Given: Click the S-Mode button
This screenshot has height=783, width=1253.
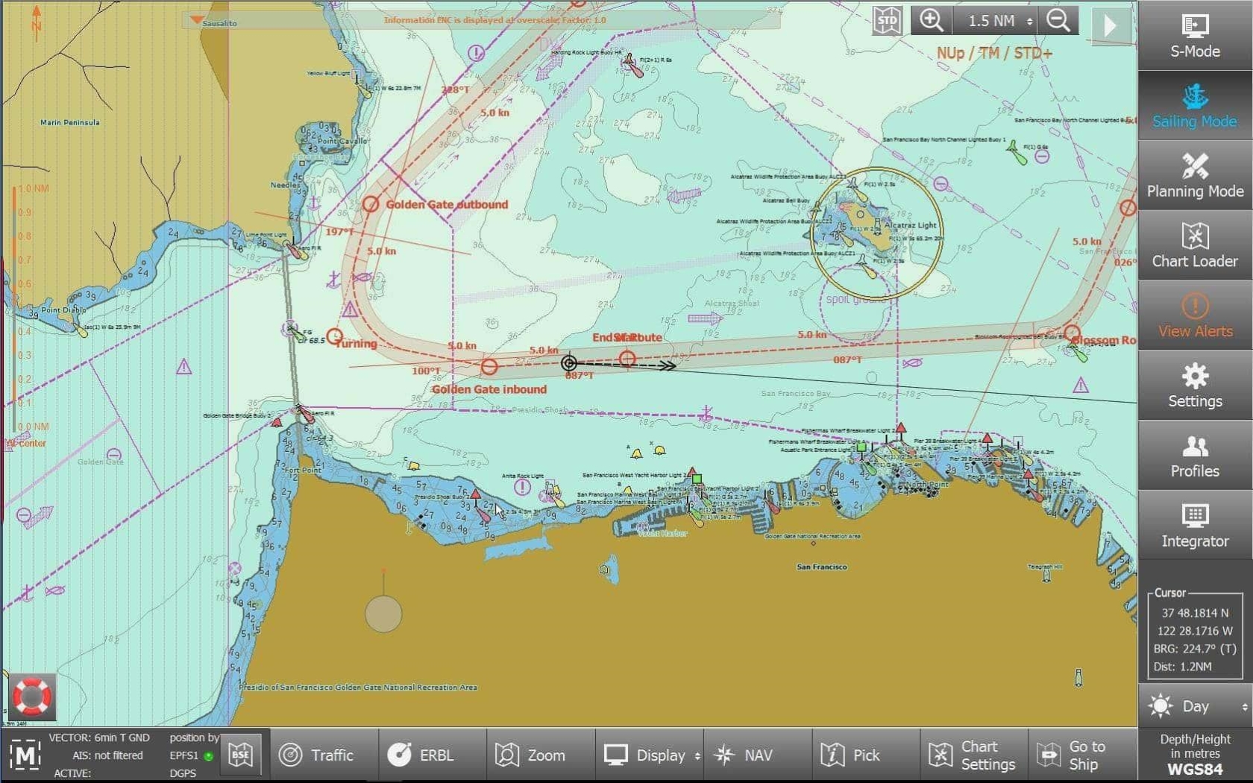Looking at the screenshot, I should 1194,36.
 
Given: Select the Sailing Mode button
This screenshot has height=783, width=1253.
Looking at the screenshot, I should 1194,106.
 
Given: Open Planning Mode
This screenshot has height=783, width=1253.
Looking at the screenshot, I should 1194,176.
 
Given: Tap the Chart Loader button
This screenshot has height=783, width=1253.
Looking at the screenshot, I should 1194,245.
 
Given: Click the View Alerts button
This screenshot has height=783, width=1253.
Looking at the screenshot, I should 1194,315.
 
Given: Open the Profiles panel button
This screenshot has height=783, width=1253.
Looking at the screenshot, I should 1194,456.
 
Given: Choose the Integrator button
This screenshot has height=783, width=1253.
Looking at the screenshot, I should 1194,526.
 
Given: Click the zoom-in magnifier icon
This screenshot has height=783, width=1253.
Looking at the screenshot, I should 931,20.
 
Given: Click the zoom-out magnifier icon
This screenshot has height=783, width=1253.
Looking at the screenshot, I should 1058,20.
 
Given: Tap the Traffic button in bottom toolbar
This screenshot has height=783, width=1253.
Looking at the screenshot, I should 317,755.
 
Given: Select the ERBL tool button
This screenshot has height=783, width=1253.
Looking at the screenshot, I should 421,755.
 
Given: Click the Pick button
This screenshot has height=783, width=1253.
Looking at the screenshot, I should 850,755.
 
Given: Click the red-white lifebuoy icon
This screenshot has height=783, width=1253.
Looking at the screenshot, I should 31,696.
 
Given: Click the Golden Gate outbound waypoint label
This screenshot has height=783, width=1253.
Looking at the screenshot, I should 447,204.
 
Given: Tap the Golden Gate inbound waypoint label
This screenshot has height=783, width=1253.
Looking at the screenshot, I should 489,389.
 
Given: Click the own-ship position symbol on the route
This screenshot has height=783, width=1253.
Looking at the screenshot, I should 569,363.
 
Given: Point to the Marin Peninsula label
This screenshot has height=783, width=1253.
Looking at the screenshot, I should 70,123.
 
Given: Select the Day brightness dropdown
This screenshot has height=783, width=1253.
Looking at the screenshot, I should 1196,706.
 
